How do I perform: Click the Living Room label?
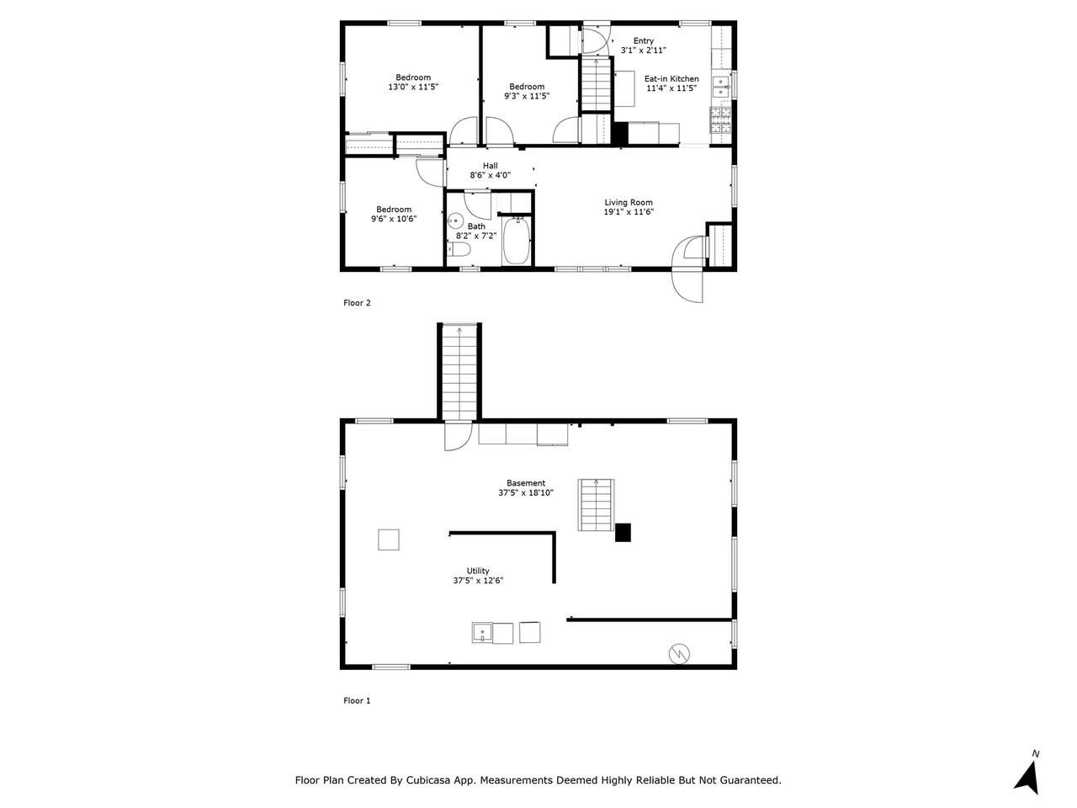tap(629, 202)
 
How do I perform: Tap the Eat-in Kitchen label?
tap(671, 79)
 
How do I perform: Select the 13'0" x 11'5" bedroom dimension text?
tap(413, 87)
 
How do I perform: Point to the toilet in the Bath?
tap(455, 248)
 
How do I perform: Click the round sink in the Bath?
tap(455, 222)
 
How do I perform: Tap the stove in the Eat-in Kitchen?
tap(721, 121)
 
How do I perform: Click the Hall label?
tap(490, 166)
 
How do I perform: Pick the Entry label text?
tap(643, 41)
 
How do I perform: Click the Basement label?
tap(526, 483)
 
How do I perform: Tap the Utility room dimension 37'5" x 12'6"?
tap(478, 580)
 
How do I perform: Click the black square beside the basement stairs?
tap(623, 532)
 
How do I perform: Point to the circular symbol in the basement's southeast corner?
tap(678, 652)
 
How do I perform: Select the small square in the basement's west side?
tap(388, 540)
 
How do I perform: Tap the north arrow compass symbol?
tap(1027, 773)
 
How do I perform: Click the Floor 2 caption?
tap(357, 303)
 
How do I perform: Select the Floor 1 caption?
tap(357, 700)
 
